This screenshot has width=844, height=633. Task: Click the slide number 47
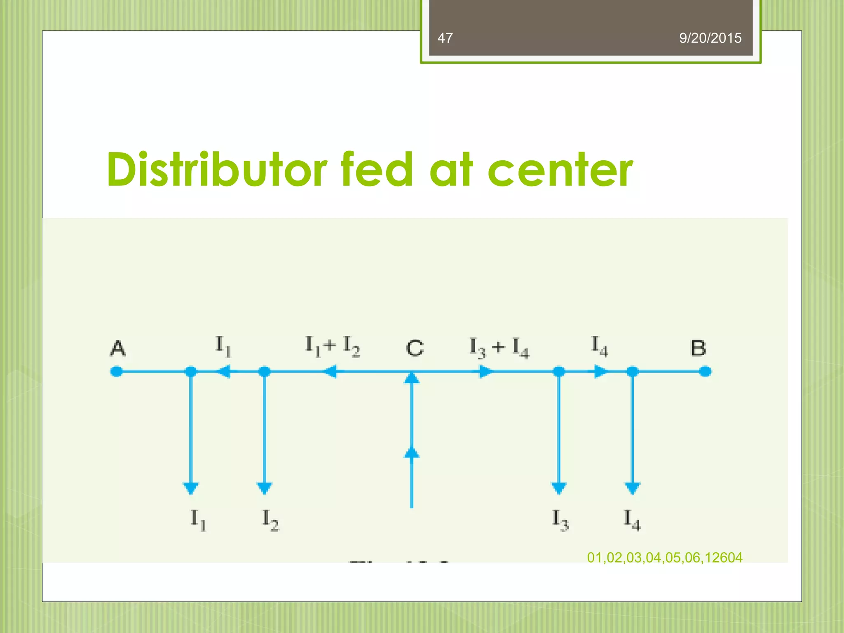[445, 38]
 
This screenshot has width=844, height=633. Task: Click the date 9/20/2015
[710, 38]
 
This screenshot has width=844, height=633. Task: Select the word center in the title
[560, 170]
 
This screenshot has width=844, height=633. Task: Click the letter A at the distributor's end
[118, 349]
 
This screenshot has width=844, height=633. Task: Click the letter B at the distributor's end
[698, 349]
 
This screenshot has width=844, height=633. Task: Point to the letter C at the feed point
[414, 349]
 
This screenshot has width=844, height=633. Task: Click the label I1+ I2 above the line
[332, 346]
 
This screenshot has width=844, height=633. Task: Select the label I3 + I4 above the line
[499, 347]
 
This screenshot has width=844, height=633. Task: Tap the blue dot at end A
[117, 371]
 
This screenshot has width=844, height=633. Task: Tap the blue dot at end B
[705, 371]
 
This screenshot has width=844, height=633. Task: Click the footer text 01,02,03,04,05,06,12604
[664, 558]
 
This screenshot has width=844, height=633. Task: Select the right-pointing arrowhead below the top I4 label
[600, 371]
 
